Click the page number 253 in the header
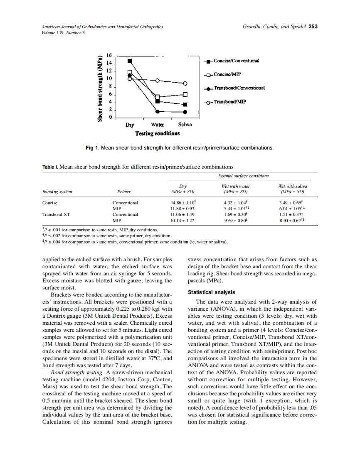(313, 27)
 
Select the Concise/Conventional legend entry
(236, 61)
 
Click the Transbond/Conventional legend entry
(239, 88)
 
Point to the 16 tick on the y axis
(109, 55)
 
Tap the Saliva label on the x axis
(185, 125)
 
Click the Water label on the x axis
(158, 125)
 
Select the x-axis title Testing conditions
(158, 133)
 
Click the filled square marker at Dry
(130, 61)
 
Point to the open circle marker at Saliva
(185, 83)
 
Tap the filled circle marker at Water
(158, 111)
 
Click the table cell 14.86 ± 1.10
(182, 203)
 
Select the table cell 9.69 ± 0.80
(235, 221)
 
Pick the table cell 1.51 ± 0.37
(292, 214)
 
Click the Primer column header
(124, 192)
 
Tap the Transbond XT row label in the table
(56, 214)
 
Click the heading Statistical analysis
(211, 292)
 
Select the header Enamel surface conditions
(243, 176)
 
